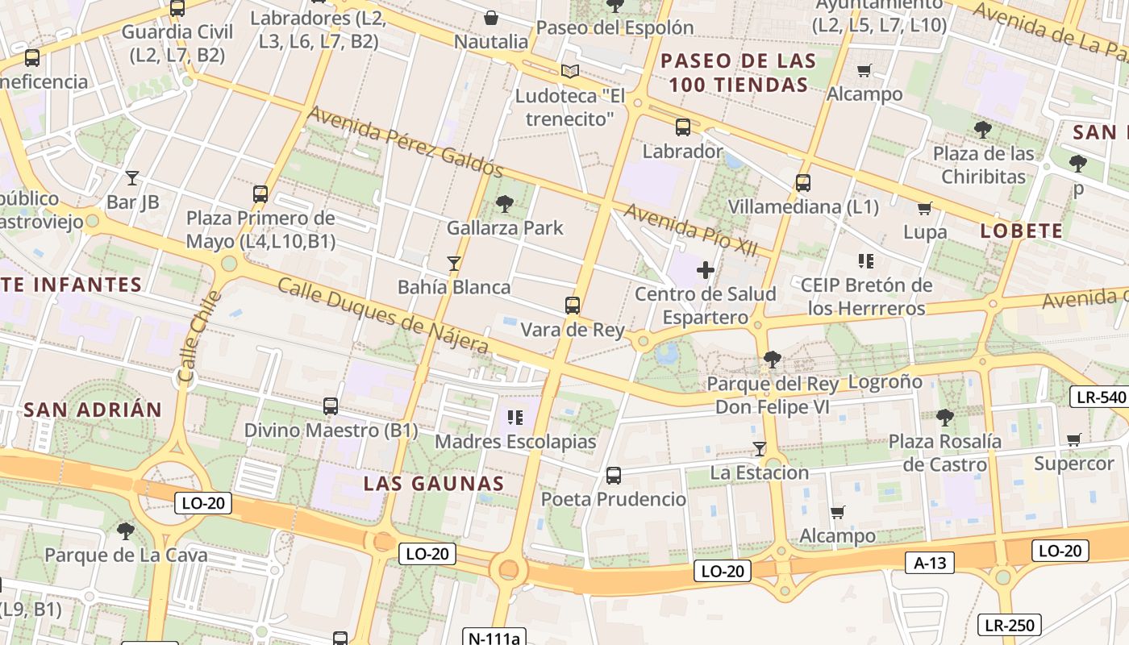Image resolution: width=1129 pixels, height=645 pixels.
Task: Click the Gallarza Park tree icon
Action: [x=505, y=203]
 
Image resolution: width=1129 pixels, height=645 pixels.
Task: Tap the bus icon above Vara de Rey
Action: [x=573, y=306]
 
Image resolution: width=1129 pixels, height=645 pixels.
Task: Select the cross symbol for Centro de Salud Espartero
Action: [x=706, y=269]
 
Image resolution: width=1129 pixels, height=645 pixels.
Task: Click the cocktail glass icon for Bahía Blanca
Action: [x=454, y=263]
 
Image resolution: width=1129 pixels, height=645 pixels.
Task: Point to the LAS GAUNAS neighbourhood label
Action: [x=434, y=484]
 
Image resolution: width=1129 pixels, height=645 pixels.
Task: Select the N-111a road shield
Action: [x=494, y=638]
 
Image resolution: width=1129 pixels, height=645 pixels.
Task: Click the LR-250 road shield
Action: [x=1010, y=624]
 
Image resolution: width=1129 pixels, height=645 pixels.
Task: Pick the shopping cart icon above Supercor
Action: [x=1073, y=439]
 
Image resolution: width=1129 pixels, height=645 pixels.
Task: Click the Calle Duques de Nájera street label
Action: [x=383, y=315]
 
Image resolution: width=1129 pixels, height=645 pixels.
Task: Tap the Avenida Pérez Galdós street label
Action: [x=406, y=142]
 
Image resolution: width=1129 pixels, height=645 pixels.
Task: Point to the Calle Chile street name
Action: [x=199, y=337]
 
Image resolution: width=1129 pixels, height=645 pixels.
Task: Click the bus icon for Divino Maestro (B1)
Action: [x=331, y=406]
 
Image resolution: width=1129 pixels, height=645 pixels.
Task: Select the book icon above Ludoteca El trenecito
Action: [x=570, y=71]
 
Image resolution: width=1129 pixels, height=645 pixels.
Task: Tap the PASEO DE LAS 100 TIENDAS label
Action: [x=739, y=73]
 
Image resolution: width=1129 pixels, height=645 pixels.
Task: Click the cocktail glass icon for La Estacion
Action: [x=759, y=448]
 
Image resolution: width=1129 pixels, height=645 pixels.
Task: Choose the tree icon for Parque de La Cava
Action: [x=125, y=531]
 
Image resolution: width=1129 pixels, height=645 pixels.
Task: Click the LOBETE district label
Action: [x=1021, y=231]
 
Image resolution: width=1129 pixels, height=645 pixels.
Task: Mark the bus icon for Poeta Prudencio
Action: [x=614, y=475]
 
